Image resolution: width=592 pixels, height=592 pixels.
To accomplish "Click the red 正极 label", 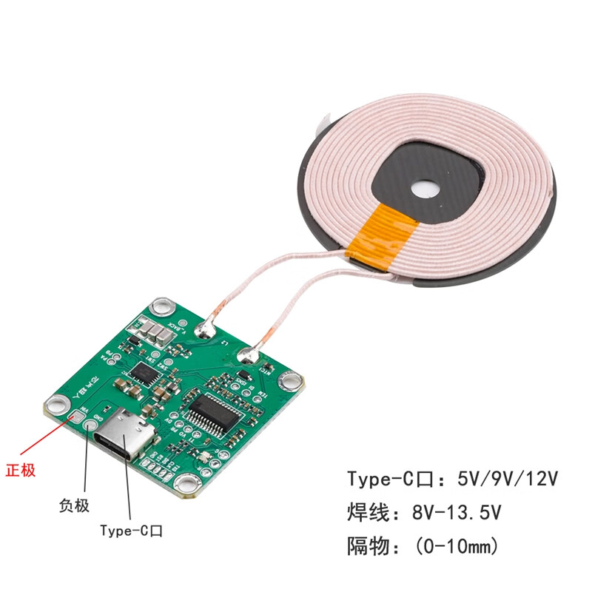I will [21, 470].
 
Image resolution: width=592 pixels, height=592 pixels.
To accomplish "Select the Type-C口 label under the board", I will [132, 531].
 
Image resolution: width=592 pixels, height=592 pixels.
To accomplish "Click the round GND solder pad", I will [92, 425].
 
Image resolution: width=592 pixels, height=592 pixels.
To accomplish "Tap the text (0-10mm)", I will [457, 547].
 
